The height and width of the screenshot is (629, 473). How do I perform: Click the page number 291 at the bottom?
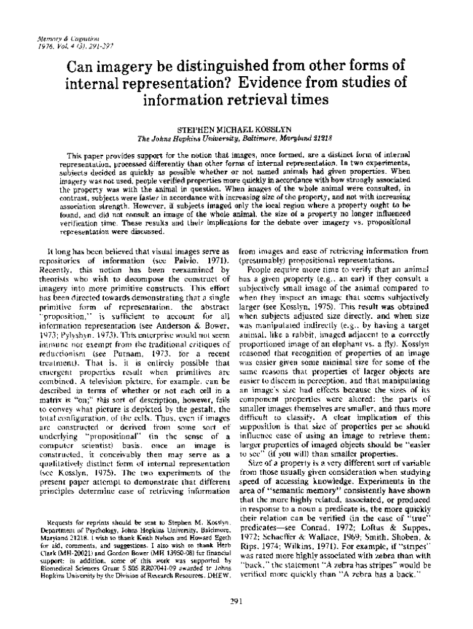point(237,602)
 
